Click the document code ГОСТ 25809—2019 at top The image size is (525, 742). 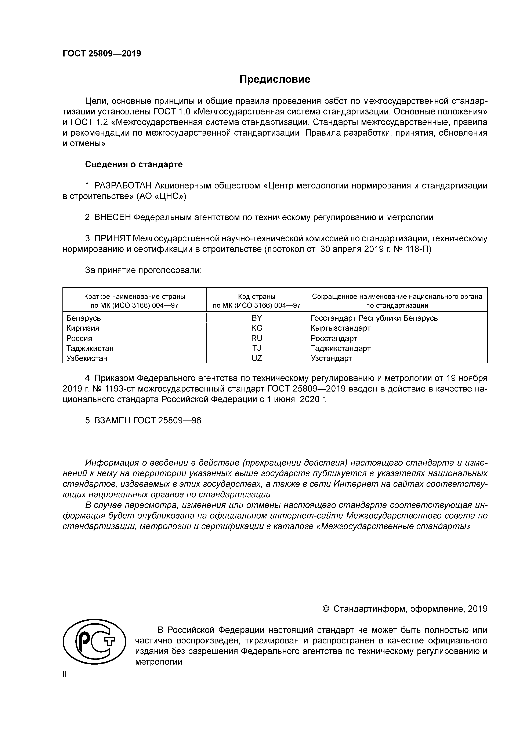pyautogui.click(x=102, y=54)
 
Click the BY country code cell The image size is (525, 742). pyautogui.click(x=257, y=318)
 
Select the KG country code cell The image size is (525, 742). pyautogui.click(x=257, y=328)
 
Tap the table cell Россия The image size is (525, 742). pyautogui.click(x=79, y=338)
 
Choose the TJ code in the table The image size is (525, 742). pyautogui.click(x=257, y=348)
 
